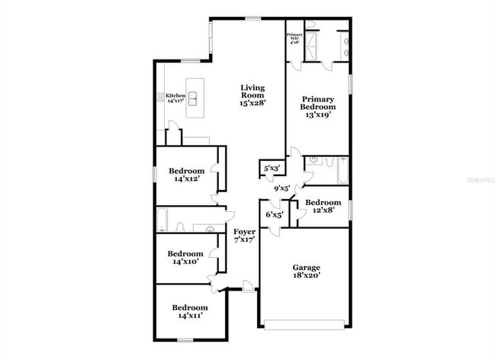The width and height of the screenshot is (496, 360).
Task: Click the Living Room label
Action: pyautogui.click(x=253, y=95)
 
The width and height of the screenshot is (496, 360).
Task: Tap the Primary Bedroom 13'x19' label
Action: pyautogui.click(x=318, y=108)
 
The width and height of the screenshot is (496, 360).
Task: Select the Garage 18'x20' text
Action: pyautogui.click(x=306, y=272)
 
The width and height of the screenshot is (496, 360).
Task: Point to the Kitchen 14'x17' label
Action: pyautogui.click(x=176, y=98)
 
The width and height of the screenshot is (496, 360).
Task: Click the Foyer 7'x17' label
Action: pyautogui.click(x=244, y=235)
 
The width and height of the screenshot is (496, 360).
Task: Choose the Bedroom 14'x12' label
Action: pyautogui.click(x=187, y=175)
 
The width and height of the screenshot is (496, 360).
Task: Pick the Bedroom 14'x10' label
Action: pyautogui.click(x=185, y=258)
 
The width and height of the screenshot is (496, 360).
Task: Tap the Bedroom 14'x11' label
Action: pyautogui.click(x=186, y=311)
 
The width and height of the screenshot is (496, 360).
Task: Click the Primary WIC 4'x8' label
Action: pyautogui.click(x=295, y=39)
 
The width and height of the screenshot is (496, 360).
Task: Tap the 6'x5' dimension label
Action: pyautogui.click(x=274, y=215)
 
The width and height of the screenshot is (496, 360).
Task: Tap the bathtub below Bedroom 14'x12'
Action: pyautogui.click(x=162, y=220)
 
